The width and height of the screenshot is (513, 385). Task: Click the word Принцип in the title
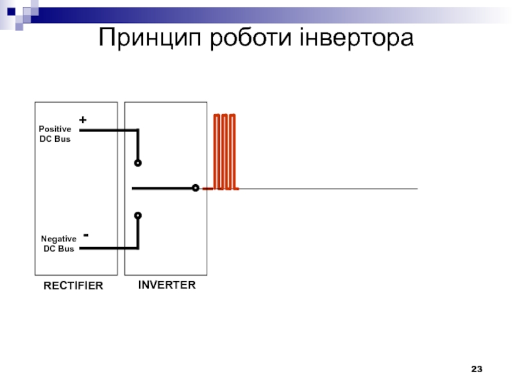[149, 38]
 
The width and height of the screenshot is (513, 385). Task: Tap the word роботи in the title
[251, 38]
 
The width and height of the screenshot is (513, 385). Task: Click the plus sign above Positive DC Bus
[83, 120]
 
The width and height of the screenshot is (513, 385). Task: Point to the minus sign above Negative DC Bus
[86, 235]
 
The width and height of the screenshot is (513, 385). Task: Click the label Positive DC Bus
[55, 134]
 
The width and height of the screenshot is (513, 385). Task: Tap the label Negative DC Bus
[58, 244]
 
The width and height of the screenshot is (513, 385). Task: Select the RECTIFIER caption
[73, 286]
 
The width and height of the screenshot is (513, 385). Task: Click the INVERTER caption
[167, 285]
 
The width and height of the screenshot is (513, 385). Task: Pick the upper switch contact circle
[138, 163]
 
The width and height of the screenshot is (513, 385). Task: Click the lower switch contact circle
[138, 216]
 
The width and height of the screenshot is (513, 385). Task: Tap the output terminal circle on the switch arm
[196, 188]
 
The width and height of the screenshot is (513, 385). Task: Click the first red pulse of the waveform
[217, 151]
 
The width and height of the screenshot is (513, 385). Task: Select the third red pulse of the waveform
[232, 151]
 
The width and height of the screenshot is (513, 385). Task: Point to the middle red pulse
[224, 151]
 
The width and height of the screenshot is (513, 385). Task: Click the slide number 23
[476, 369]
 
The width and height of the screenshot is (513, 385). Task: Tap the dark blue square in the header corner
[11, 12]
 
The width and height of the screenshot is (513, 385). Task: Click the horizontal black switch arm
[162, 188]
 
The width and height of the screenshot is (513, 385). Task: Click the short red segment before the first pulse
[208, 189]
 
